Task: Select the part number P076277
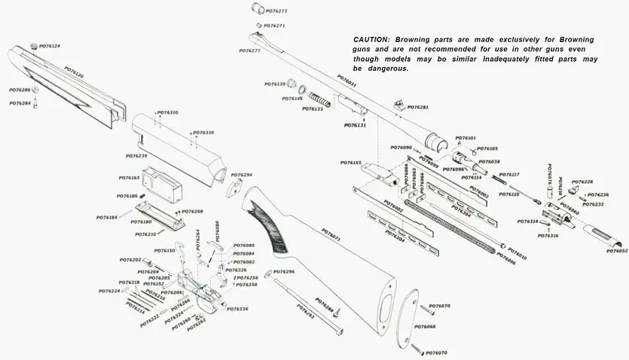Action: pos(249,50)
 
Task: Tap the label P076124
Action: pos(50,46)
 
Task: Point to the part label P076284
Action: pos(20,103)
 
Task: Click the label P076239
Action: pos(136,156)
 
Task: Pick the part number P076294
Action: pos(241,175)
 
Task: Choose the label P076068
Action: pos(426,326)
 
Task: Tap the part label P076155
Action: pos(350,163)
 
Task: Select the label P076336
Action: pos(238,309)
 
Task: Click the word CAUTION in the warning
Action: pos(371,39)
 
